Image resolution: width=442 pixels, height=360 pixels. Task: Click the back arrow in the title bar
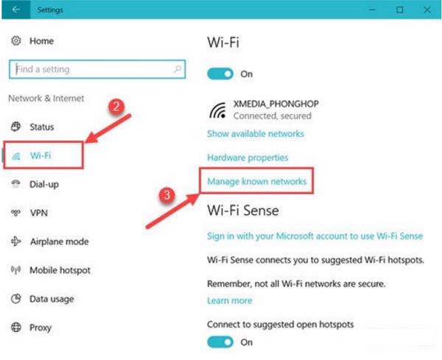coord(14,10)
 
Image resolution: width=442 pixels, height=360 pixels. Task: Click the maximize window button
coord(399,10)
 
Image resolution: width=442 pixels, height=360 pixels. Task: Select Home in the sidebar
coord(41,41)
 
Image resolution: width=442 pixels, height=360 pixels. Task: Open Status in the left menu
coord(41,127)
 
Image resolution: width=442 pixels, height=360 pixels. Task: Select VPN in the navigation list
coord(39,213)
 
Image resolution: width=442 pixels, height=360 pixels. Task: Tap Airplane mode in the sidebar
coord(58,241)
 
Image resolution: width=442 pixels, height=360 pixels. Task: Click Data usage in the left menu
coord(52,299)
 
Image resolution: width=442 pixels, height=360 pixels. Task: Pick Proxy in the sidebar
coord(41,327)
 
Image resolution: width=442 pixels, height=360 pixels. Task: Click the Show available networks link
coord(255,134)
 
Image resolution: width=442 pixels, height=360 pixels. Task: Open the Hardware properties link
coord(248,158)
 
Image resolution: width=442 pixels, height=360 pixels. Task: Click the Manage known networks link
coord(256,180)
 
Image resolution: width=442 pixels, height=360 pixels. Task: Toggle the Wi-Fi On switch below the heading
coord(222,74)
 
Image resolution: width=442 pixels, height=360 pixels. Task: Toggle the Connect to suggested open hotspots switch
coord(222,342)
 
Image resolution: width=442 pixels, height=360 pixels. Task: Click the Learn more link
coord(229,300)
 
